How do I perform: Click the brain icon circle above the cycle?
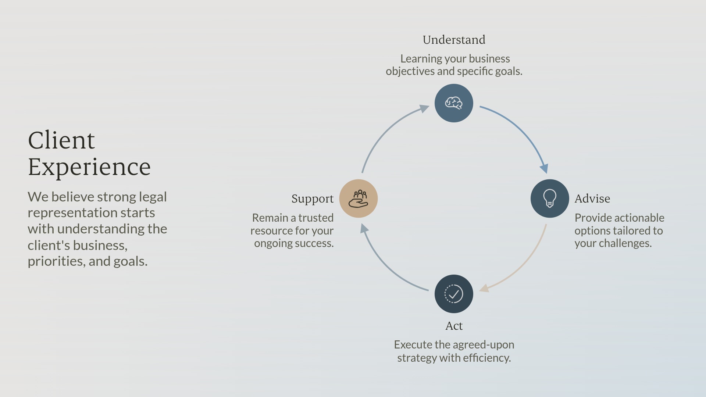click(x=454, y=103)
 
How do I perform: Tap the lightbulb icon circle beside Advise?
click(x=550, y=198)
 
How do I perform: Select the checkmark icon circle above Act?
click(x=454, y=294)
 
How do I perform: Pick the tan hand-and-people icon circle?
click(x=359, y=198)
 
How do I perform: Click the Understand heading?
click(x=454, y=40)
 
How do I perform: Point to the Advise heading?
click(x=592, y=198)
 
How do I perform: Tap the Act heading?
click(x=454, y=326)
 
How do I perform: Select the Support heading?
click(x=313, y=199)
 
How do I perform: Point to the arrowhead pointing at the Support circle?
click(x=364, y=229)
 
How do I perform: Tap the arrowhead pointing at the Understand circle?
click(x=424, y=108)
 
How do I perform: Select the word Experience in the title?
click(x=89, y=167)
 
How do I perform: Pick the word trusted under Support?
click(x=316, y=218)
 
